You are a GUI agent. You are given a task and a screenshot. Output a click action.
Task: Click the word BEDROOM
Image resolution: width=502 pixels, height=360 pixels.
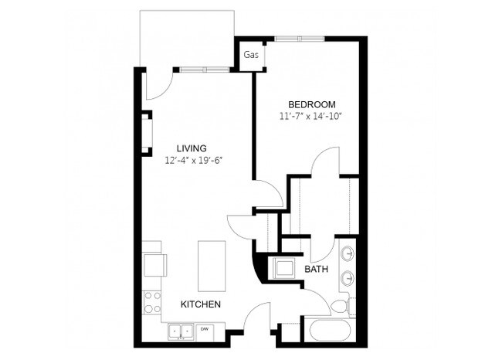311,104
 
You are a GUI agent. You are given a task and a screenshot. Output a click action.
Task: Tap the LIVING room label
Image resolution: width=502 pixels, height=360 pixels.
191,148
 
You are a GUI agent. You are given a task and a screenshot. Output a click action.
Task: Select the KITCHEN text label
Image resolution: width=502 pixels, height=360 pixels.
201,304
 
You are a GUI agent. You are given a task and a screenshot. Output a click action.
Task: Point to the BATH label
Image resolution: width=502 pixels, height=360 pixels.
316,270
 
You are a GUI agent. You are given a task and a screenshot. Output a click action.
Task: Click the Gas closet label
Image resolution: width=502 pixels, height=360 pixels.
251,55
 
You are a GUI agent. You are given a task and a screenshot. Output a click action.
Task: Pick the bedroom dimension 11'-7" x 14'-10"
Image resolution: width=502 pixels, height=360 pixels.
310,117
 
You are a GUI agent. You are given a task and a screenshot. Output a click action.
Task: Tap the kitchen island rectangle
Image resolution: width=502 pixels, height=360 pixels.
212,263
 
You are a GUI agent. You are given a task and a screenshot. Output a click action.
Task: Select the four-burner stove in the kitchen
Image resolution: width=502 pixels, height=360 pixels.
152,301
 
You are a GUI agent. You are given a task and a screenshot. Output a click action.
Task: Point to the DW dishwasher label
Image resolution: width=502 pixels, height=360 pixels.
205,329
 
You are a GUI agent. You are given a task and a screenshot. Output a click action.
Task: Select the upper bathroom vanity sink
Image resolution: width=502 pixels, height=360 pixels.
348,253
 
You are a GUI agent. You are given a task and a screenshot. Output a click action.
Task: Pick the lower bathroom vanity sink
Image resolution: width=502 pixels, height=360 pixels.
348,278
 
